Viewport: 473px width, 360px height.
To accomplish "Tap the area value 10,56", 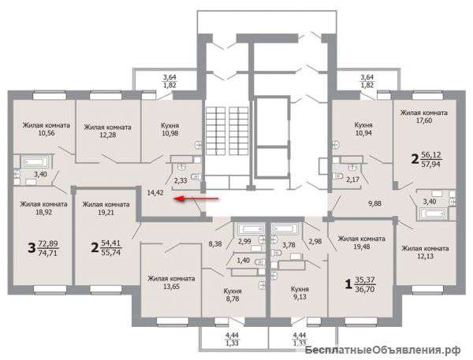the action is click(x=47, y=133).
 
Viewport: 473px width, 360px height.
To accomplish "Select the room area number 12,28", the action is click(x=108, y=135).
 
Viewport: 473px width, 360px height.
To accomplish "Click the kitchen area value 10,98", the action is click(x=169, y=133).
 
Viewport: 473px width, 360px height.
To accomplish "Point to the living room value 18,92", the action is click(x=43, y=212).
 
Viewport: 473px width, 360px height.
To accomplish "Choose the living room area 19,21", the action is click(x=106, y=212).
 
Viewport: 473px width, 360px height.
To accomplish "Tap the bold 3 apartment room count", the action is click(x=32, y=248).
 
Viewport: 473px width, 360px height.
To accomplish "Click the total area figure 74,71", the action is click(x=48, y=253).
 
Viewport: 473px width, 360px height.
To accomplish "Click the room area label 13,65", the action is click(x=171, y=287).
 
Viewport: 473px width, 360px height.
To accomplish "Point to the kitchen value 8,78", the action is click(x=233, y=299).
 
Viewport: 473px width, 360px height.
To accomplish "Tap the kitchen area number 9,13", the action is click(x=300, y=297).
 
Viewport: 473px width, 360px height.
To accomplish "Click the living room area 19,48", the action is click(x=361, y=247).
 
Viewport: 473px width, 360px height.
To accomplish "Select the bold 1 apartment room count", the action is click(x=348, y=284).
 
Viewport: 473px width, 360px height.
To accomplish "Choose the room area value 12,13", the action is click(x=425, y=257).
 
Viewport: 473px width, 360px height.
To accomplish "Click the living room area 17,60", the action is click(x=423, y=121).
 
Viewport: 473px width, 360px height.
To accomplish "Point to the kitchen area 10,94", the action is click(x=363, y=133).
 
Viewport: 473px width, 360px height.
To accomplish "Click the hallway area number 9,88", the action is click(x=374, y=204).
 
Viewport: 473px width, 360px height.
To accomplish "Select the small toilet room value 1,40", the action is click(x=244, y=260).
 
